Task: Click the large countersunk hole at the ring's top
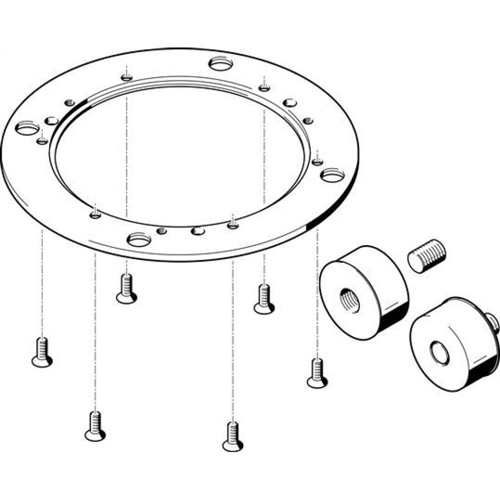220,64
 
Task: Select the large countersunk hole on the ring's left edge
26,128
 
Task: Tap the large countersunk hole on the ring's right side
332,175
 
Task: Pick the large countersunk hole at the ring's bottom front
139,239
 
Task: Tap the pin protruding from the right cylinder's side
492,322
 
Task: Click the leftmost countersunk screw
42,352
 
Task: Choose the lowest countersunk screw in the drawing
232,436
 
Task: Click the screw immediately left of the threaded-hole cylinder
263,299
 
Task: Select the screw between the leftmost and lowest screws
95,426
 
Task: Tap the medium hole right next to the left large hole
51,120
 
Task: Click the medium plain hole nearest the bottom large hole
198,231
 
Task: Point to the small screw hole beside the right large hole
316,161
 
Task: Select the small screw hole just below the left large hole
42,141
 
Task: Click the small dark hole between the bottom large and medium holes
161,230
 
